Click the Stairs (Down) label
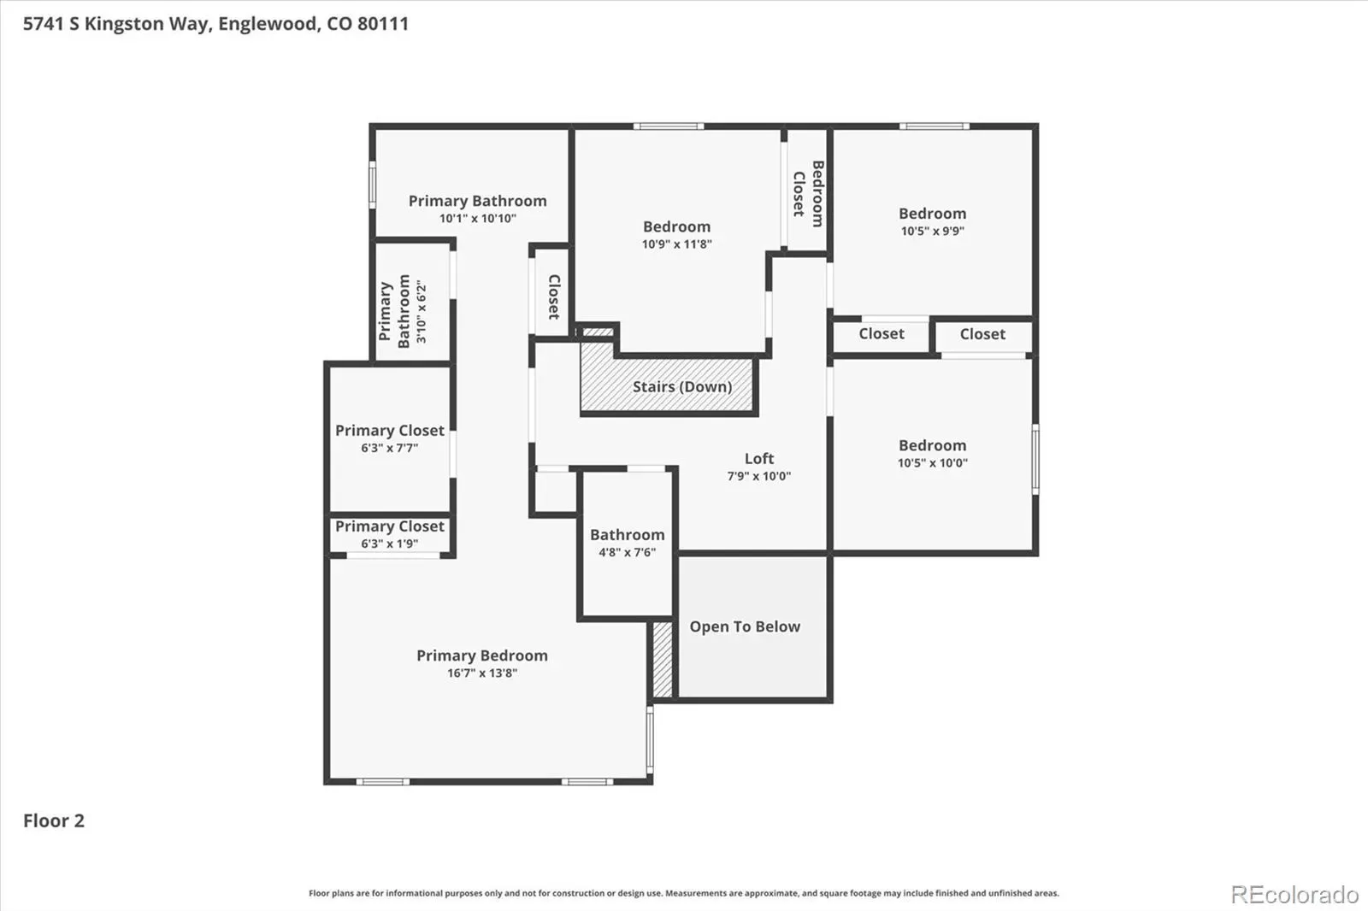(x=682, y=386)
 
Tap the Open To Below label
(x=745, y=626)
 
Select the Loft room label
(x=759, y=459)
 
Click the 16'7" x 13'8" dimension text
(x=482, y=673)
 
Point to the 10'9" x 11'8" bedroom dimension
(x=676, y=244)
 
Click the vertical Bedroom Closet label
(x=808, y=193)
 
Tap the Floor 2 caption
(x=54, y=820)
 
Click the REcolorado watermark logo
(x=1294, y=895)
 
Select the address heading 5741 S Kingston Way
(x=215, y=24)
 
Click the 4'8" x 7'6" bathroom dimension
(x=628, y=553)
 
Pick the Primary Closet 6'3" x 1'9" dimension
(x=390, y=544)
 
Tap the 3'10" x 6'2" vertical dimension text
(x=422, y=312)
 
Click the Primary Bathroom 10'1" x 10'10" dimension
(x=478, y=219)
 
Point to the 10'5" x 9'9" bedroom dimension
(x=933, y=231)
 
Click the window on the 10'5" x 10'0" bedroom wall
(x=1035, y=460)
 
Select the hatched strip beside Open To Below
(x=663, y=659)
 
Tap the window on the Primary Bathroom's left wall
(x=373, y=185)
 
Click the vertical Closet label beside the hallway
(x=553, y=297)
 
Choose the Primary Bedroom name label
(x=482, y=655)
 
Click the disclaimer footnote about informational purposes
(x=684, y=893)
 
